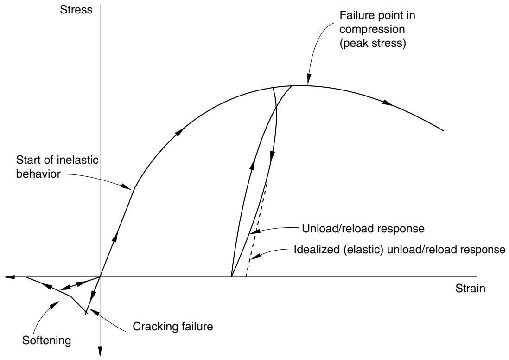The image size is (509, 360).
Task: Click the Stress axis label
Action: (x=76, y=10)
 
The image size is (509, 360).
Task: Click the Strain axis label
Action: (x=471, y=289)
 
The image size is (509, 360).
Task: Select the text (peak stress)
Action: (x=373, y=44)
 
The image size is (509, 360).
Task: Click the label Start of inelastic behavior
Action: (x=57, y=167)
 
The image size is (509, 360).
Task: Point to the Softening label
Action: (x=47, y=341)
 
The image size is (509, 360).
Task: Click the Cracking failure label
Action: (x=173, y=326)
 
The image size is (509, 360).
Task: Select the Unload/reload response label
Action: (x=363, y=229)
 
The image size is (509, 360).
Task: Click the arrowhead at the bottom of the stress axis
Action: (x=100, y=352)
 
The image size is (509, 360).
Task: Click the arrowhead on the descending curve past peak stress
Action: (x=387, y=103)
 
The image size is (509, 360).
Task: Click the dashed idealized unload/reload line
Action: (x=256, y=229)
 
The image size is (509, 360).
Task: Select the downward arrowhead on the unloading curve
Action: (x=273, y=155)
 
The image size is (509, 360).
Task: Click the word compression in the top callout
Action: (x=372, y=30)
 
